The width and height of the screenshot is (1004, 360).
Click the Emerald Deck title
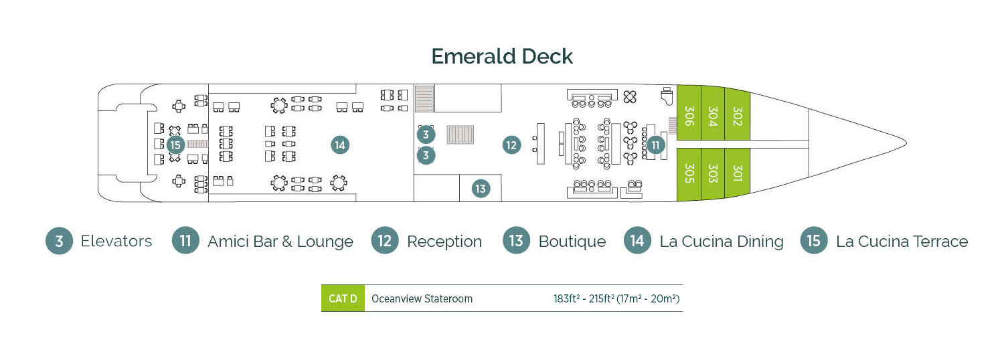[502, 57]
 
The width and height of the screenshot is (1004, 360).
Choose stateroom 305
[689, 173]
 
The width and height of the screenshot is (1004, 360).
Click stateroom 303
[712, 173]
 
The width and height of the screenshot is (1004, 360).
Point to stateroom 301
[737, 173]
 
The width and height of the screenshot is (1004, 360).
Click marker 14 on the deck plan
[339, 145]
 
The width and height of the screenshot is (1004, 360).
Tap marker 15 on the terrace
[175, 145]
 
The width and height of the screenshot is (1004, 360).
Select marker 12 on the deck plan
[511, 145]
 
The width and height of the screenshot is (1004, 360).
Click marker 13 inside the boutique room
[481, 189]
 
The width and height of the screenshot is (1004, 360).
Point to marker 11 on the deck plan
[655, 145]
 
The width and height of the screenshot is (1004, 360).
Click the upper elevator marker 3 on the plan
[426, 134]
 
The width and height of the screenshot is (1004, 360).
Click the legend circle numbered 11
[185, 241]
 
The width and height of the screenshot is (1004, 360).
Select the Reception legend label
[444, 242]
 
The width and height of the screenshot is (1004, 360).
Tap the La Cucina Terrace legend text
[901, 242]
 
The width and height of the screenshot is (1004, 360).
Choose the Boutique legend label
[572, 242]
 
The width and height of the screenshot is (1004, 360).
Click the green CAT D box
[343, 298]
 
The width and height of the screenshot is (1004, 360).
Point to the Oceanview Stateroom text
[422, 298]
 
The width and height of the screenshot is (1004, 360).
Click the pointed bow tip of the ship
[905, 142]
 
